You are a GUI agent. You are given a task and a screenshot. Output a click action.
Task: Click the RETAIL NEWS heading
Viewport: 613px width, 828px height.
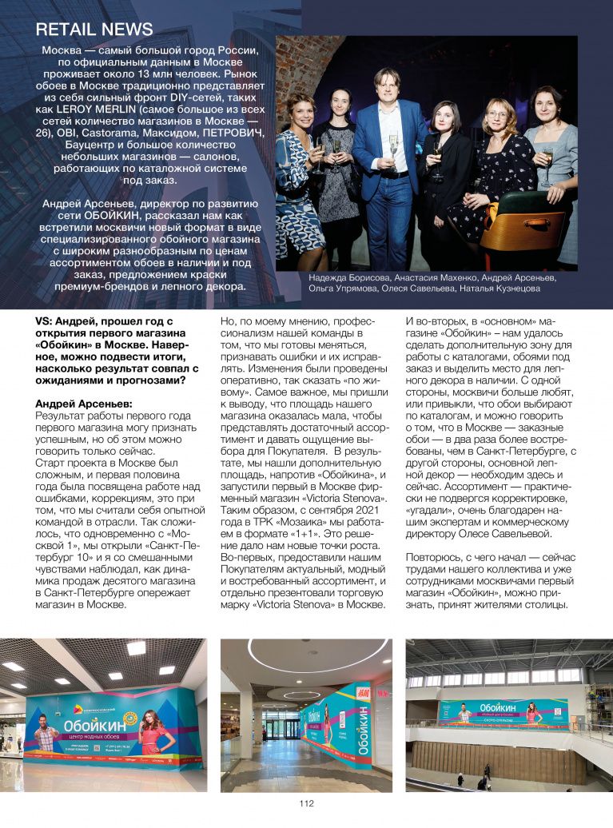(x=94, y=30)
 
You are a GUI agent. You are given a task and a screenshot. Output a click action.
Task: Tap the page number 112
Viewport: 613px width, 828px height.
(x=307, y=803)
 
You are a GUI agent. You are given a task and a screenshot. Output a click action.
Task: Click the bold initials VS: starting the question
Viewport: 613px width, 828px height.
(x=45, y=320)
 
